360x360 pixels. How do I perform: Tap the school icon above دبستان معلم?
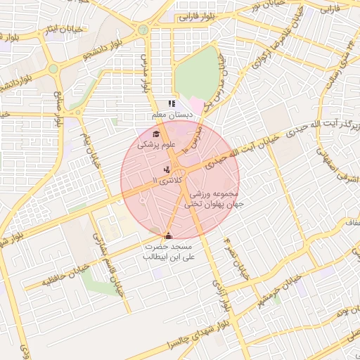pos(171,104)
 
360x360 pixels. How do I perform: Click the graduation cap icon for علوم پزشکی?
pos(155,134)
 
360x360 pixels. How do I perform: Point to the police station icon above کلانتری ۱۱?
pos(167,169)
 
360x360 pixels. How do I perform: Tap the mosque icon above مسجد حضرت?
pos(167,236)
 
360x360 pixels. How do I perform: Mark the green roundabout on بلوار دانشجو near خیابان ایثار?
pos(53,69)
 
